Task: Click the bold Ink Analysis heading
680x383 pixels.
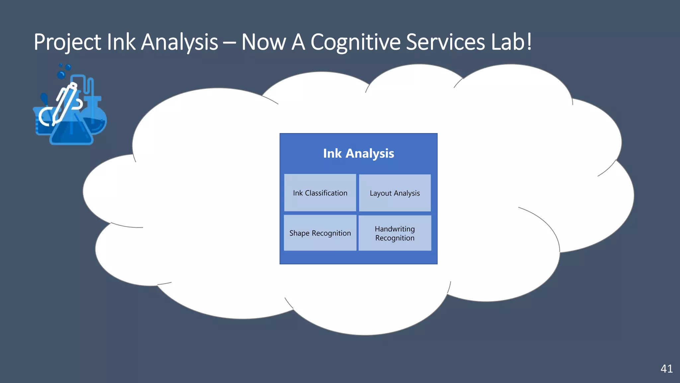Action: (358, 153)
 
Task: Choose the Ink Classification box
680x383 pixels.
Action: (320, 193)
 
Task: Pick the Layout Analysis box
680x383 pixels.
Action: (395, 193)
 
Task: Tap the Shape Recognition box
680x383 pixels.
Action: (320, 233)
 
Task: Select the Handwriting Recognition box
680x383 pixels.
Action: (395, 233)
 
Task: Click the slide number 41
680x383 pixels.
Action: (666, 369)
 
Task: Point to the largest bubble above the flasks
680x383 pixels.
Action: (61, 74)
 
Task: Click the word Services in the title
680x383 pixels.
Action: (445, 43)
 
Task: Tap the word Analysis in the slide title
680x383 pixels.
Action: (179, 43)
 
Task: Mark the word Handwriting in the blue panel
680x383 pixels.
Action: (395, 229)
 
